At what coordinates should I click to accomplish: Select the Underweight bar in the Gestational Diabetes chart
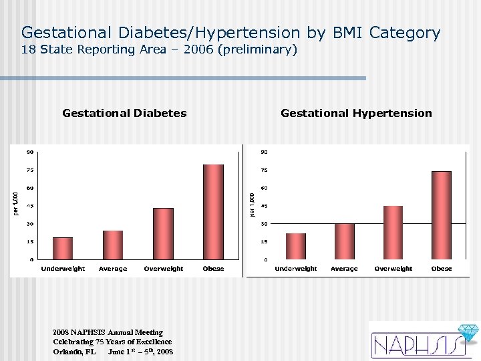[63, 248]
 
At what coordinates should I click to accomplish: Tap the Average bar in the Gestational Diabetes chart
[113, 245]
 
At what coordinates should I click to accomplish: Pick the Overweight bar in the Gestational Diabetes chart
[163, 233]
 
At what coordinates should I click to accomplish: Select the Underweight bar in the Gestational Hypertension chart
[295, 246]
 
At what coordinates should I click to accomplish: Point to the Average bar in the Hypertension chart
[344, 241]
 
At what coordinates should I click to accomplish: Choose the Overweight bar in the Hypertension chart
[393, 233]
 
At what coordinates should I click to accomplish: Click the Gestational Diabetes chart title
[124, 113]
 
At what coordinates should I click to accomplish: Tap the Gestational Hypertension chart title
[356, 113]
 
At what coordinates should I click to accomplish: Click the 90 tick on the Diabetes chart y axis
[30, 152]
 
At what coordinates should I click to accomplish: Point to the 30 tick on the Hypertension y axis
[265, 224]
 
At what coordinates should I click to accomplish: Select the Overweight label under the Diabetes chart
[163, 269]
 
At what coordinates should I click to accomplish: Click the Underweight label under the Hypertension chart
[295, 269]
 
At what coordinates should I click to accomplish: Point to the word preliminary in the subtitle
[261, 49]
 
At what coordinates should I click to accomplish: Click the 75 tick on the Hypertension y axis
[265, 170]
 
